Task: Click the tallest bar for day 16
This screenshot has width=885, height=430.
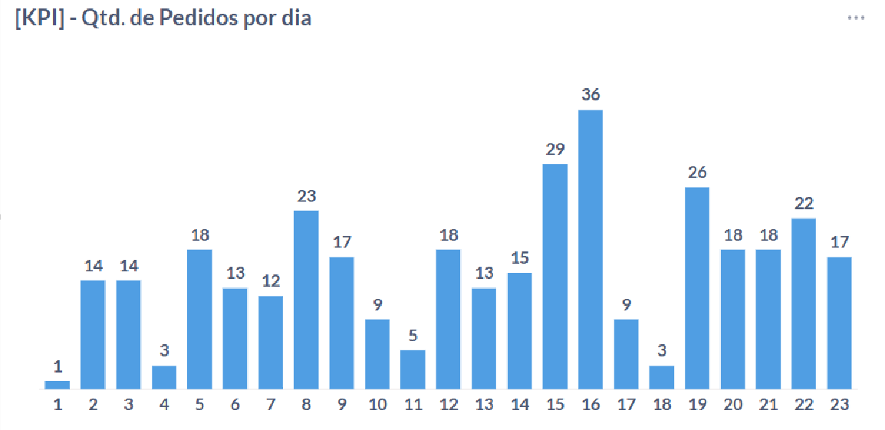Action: click(x=590, y=249)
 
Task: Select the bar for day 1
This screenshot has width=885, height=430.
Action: click(x=58, y=385)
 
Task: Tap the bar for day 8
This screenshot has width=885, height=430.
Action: click(x=306, y=299)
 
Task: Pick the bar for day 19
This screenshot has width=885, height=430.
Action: click(x=696, y=287)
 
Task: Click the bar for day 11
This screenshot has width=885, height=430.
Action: click(x=413, y=369)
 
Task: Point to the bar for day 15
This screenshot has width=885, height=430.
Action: click(x=554, y=276)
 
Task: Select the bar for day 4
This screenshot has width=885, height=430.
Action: click(x=164, y=377)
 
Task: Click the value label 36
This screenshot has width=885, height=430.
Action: click(x=590, y=95)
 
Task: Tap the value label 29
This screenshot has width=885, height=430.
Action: click(x=554, y=149)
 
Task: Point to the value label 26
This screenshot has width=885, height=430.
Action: click(x=696, y=172)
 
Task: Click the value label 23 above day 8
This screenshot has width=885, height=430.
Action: click(x=306, y=196)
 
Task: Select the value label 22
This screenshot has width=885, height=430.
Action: click(x=803, y=204)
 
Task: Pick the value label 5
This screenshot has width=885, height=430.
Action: click(x=413, y=336)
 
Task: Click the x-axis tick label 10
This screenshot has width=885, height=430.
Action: click(x=377, y=405)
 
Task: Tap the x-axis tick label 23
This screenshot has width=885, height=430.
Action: click(x=839, y=405)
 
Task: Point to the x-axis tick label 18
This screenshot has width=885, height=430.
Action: click(x=661, y=405)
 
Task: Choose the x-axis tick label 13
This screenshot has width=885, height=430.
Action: click(x=484, y=405)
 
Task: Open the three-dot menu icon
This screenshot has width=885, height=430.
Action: click(x=856, y=18)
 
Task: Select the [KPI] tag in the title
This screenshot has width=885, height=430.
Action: click(x=38, y=19)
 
